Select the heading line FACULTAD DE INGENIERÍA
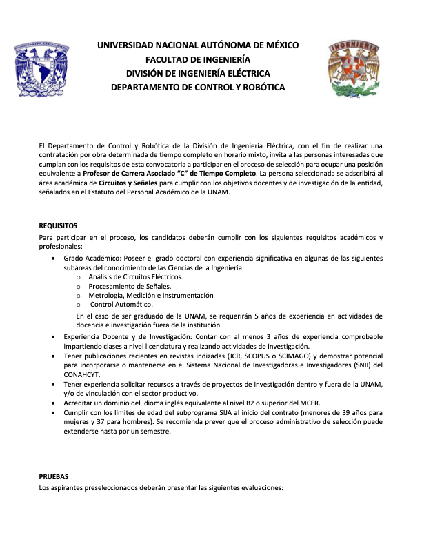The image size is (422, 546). click(x=198, y=59)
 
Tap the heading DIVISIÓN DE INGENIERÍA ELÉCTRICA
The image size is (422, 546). click(x=198, y=74)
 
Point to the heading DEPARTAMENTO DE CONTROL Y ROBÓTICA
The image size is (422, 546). click(x=198, y=88)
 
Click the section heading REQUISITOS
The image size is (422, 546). click(x=58, y=225)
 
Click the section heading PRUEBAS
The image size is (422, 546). click(x=54, y=476)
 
